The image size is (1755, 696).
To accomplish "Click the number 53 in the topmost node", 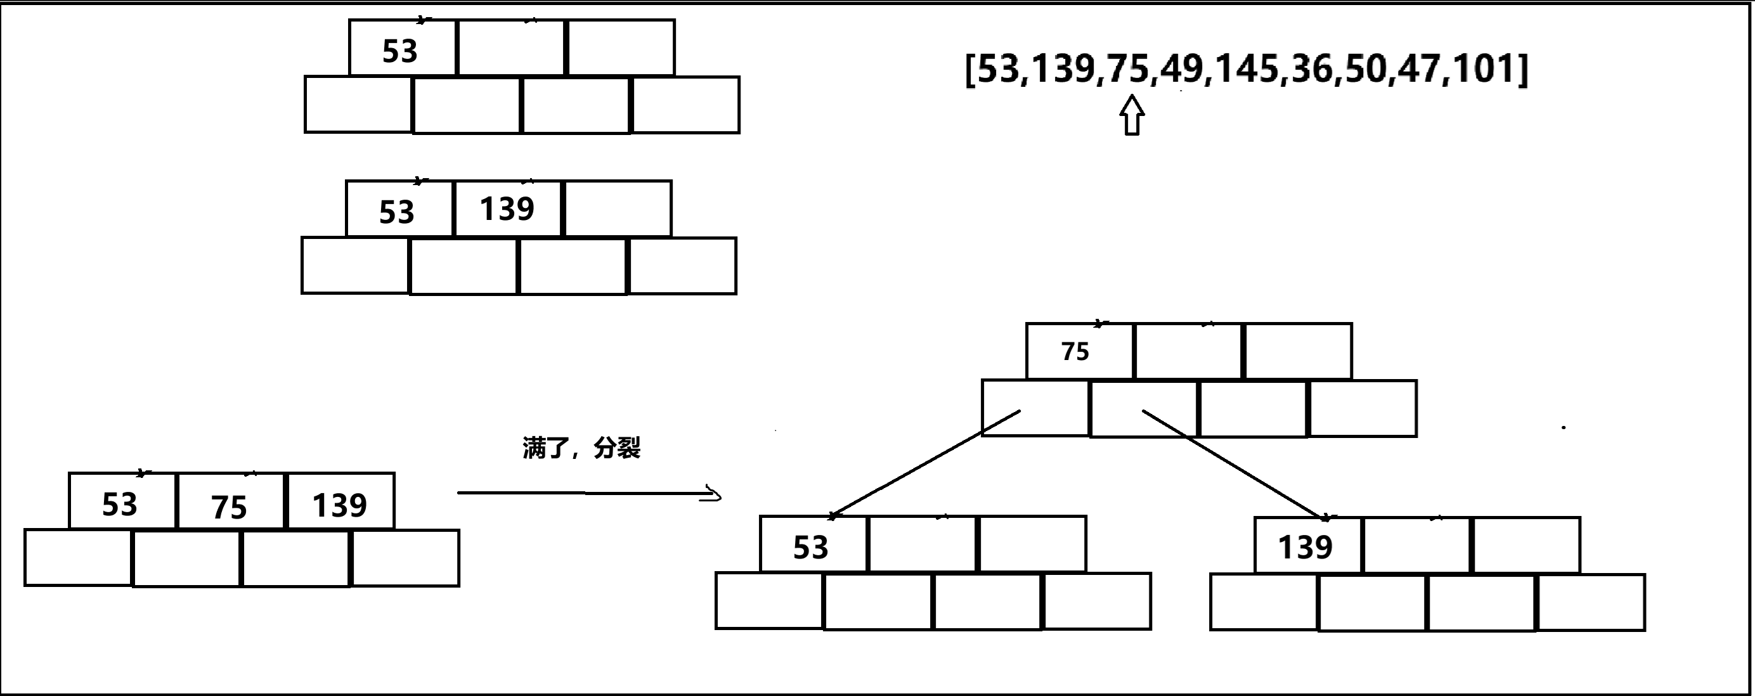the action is (x=399, y=51).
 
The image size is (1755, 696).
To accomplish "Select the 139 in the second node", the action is (x=506, y=209).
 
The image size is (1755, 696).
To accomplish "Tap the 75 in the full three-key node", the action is (x=228, y=506).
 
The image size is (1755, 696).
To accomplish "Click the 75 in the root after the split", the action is (x=1075, y=351).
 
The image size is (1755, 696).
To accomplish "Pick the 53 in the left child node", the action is (x=810, y=547).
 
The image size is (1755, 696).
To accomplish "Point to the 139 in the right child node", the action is (x=1305, y=547).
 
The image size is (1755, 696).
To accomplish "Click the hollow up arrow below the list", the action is (x=1132, y=115).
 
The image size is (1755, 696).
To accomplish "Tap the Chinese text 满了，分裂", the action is (x=581, y=448).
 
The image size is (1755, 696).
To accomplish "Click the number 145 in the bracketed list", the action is (x=1245, y=69).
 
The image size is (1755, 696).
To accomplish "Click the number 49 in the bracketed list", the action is (x=1182, y=69).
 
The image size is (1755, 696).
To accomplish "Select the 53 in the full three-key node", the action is (x=119, y=504).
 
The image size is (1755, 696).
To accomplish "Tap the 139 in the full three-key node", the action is (x=339, y=505).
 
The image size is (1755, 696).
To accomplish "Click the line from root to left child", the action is (x=926, y=463).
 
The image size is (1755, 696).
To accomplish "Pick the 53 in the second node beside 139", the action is (x=396, y=212).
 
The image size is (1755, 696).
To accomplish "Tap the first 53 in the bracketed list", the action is (x=999, y=69).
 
